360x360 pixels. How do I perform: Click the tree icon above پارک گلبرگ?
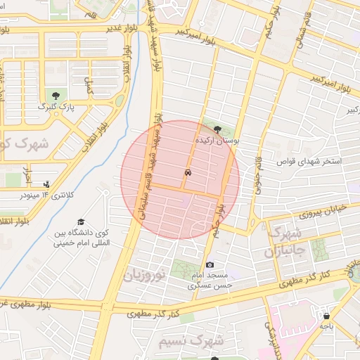click(54, 94)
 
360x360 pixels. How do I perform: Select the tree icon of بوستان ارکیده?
click(217, 129)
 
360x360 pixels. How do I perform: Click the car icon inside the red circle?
click(188, 172)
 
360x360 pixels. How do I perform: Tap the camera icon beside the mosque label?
click(210, 264)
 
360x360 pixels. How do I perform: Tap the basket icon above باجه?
click(326, 316)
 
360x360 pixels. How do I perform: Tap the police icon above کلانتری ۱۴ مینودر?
click(47, 184)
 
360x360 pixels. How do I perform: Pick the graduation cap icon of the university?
click(81, 221)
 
